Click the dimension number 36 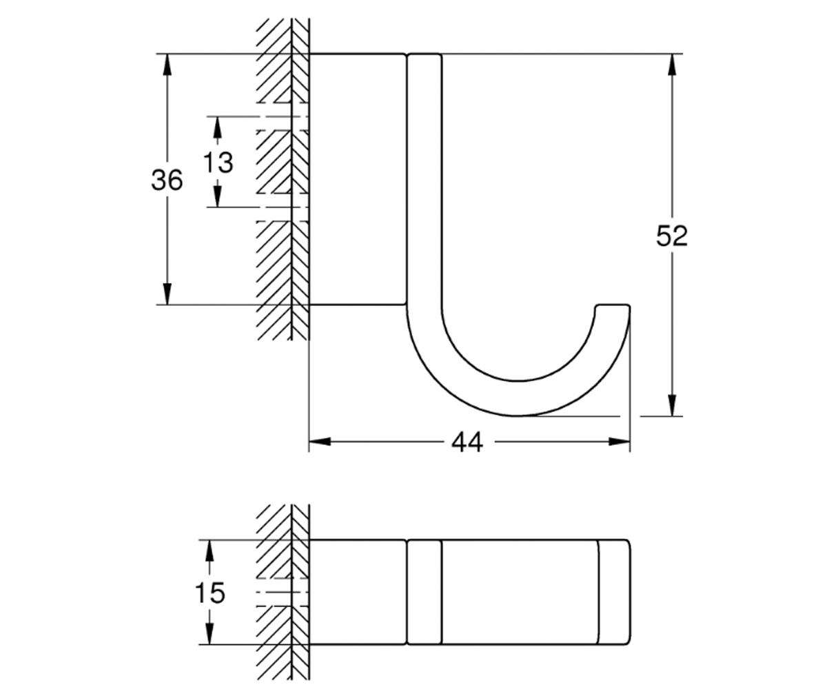(x=167, y=180)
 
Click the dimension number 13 (x=218, y=163)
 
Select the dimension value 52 (x=672, y=236)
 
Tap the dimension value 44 (x=467, y=442)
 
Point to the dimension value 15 (x=210, y=593)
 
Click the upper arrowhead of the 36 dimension (x=167, y=64)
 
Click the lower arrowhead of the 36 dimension (x=167, y=294)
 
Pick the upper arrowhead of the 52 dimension (x=672, y=64)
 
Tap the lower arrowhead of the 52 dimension (x=672, y=406)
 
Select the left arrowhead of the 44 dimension (x=320, y=442)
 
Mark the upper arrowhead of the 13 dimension (x=217, y=127)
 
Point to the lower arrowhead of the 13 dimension (x=217, y=197)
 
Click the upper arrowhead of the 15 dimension (x=210, y=551)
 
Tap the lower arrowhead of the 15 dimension (x=210, y=634)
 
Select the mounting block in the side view (x=358, y=179)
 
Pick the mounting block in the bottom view (x=358, y=592)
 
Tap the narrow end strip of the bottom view (x=614, y=592)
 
